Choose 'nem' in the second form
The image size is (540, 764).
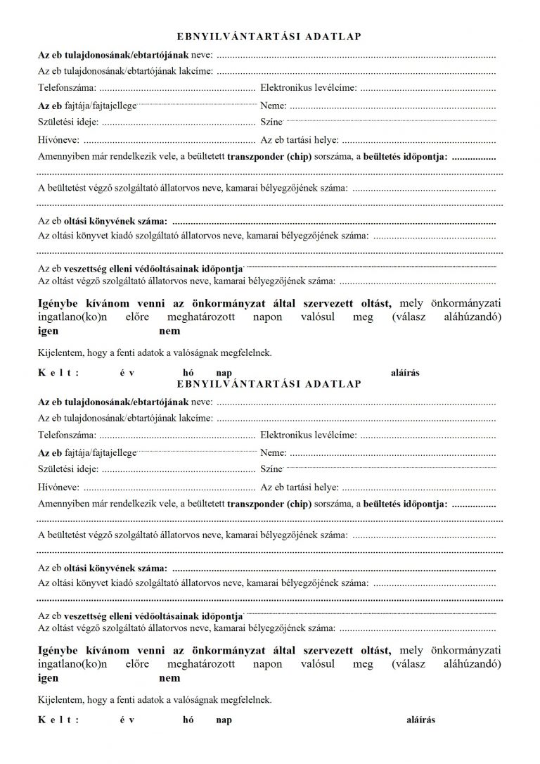(x=169, y=678)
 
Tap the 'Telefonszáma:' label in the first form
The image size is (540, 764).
(x=67, y=88)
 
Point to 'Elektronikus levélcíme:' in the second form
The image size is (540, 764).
(x=308, y=435)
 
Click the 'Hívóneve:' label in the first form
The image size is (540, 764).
(x=58, y=139)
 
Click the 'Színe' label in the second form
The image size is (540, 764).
(x=271, y=469)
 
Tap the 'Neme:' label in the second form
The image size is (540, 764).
(x=274, y=452)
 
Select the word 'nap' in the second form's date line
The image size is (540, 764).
(x=224, y=720)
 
